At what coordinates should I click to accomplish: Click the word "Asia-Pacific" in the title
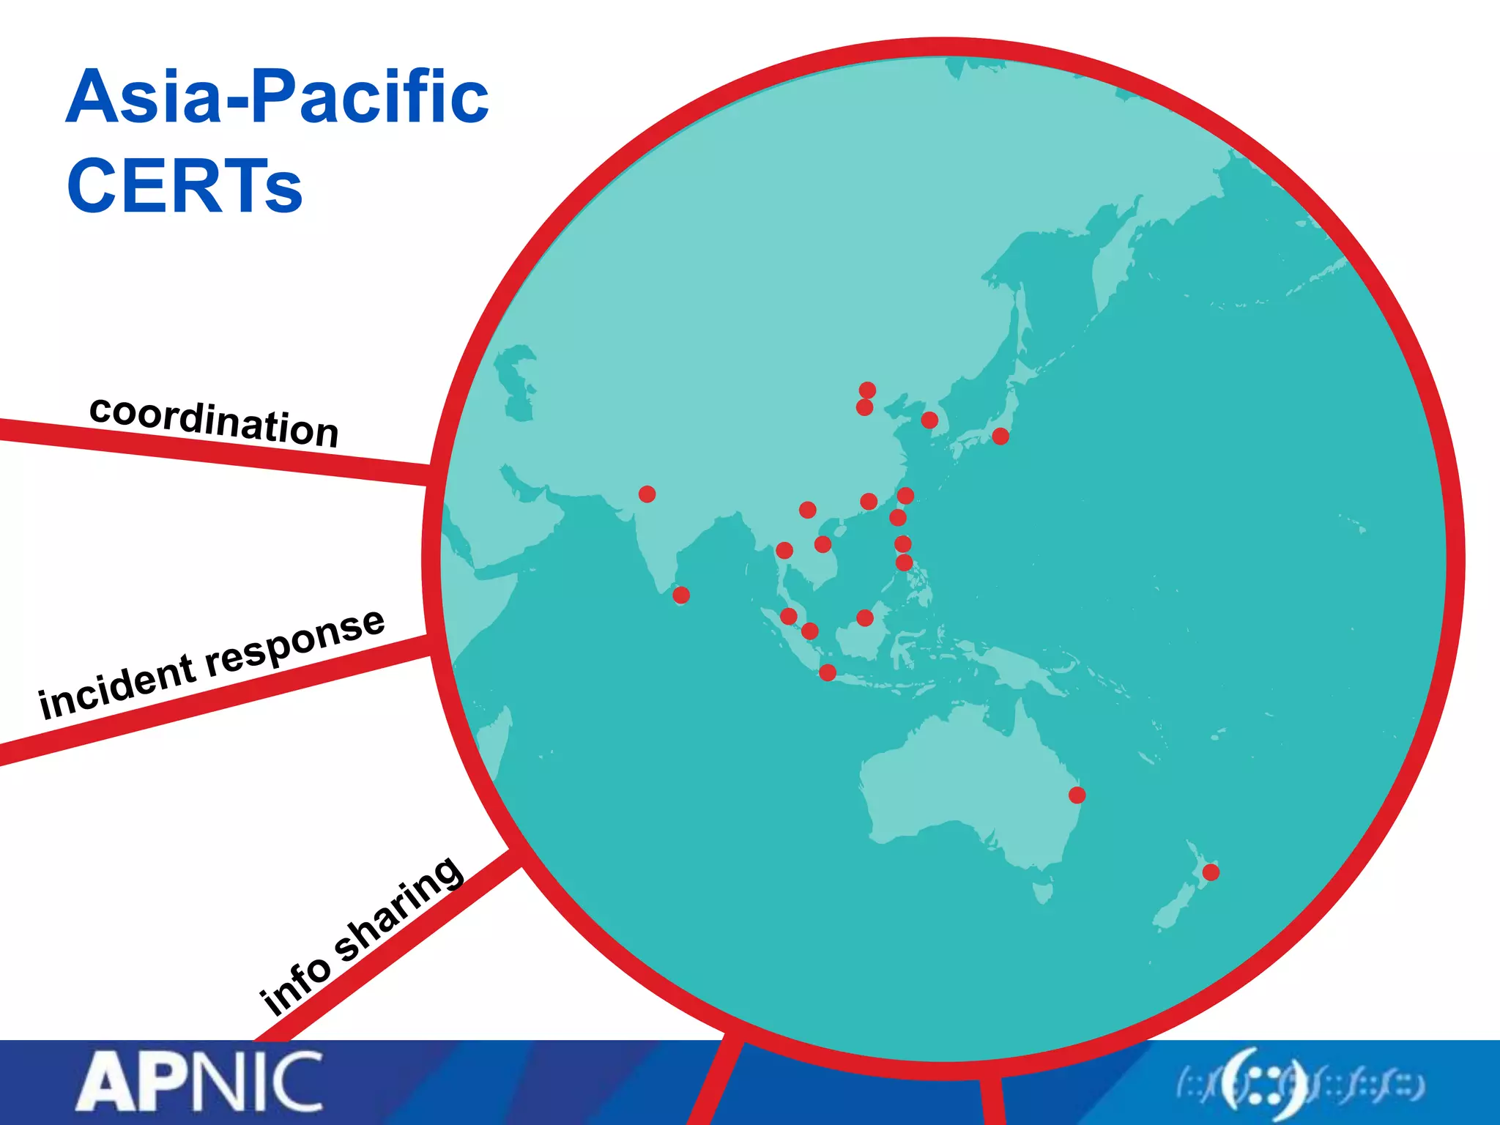[277, 97]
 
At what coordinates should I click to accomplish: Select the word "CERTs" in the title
[184, 185]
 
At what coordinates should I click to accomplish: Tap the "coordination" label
[214, 422]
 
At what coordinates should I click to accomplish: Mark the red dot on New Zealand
[1211, 872]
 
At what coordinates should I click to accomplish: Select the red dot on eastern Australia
[1077, 795]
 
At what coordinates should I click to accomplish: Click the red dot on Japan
[1000, 437]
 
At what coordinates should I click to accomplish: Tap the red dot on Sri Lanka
[681, 595]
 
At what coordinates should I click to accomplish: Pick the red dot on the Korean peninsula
[929, 420]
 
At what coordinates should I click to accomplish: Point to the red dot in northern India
[647, 494]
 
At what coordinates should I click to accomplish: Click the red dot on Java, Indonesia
[828, 672]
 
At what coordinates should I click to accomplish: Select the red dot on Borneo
[865, 617]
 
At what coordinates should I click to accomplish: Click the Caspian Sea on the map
[517, 381]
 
